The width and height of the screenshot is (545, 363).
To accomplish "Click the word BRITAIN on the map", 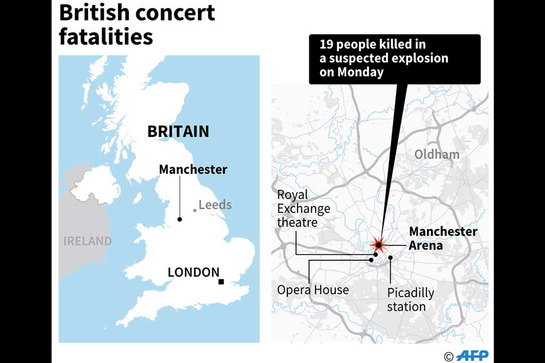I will click(178, 131).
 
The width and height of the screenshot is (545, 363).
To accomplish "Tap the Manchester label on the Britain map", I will click(193, 170).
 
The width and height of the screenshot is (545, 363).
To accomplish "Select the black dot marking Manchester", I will click(180, 219).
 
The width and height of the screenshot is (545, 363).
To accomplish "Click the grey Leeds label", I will click(215, 204).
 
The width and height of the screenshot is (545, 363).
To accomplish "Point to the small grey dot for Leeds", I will click(195, 210).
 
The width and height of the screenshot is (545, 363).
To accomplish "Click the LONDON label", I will click(193, 272).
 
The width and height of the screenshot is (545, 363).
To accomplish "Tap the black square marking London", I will click(221, 282).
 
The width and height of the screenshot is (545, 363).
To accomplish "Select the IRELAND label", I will click(88, 241).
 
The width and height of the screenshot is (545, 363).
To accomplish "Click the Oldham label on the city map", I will click(436, 154).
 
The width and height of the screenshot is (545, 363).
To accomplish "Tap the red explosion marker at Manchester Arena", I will click(378, 245).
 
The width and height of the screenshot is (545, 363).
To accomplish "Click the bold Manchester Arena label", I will click(443, 239).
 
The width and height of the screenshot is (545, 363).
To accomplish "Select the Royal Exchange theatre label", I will click(303, 208).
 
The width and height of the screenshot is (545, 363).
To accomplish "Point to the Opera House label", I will click(313, 290).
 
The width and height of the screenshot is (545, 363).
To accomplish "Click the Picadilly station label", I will click(410, 300).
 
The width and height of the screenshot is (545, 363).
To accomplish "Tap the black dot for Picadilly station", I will click(391, 258).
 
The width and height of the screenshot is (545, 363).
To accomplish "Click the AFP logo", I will click(472, 356).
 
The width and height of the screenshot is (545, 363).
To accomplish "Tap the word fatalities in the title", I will click(106, 37).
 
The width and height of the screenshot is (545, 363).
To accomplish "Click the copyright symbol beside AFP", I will click(448, 356).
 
